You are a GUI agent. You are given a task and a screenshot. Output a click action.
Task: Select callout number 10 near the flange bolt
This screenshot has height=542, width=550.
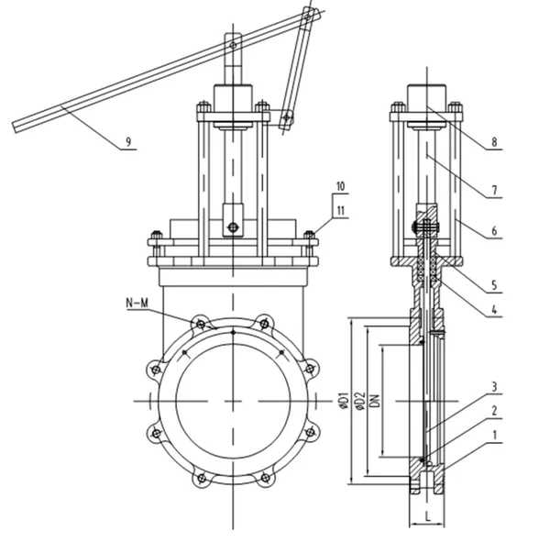click(340, 186)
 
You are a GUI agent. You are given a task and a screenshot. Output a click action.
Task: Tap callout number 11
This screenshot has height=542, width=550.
click(340, 212)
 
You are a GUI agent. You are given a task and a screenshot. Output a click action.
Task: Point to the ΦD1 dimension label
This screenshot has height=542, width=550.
click(340, 400)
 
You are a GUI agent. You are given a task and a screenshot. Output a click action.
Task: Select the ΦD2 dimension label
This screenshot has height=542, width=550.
click(360, 400)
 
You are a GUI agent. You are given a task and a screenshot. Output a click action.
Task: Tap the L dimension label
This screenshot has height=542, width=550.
click(428, 517)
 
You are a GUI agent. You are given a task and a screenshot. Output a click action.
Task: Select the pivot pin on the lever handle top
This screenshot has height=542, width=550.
click(233, 42)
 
